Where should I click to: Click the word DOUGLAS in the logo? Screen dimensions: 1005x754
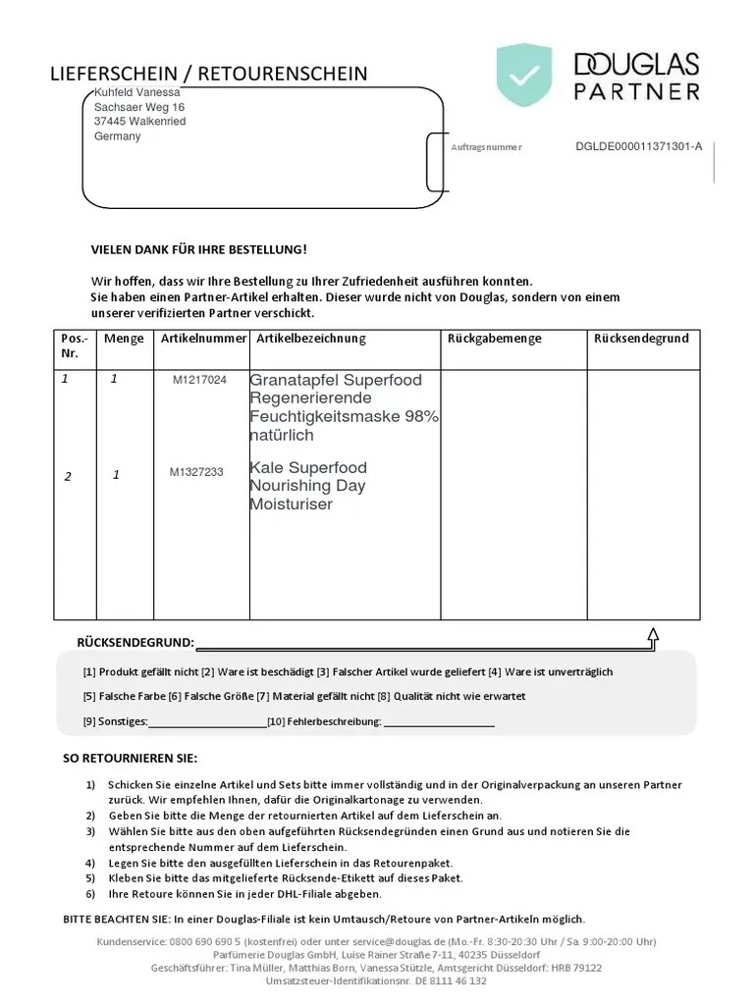pyautogui.click(x=636, y=65)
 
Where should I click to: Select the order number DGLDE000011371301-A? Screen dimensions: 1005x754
pyautogui.click(x=638, y=146)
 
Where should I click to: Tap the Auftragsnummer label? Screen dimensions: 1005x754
pyautogui.click(x=486, y=147)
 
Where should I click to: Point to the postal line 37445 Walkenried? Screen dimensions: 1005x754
pyautogui.click(x=139, y=122)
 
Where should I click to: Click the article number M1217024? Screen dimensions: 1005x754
pyautogui.click(x=199, y=380)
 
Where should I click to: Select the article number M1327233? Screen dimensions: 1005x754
pyautogui.click(x=196, y=472)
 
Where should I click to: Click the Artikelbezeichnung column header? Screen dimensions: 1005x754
pyautogui.click(x=310, y=339)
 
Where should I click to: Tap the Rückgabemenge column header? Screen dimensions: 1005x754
pyautogui.click(x=494, y=339)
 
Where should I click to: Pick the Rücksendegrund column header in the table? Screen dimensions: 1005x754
pyautogui.click(x=641, y=339)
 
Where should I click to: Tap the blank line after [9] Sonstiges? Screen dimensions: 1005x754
pyautogui.click(x=206, y=723)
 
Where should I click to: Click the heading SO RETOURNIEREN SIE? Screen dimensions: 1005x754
pyautogui.click(x=130, y=759)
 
